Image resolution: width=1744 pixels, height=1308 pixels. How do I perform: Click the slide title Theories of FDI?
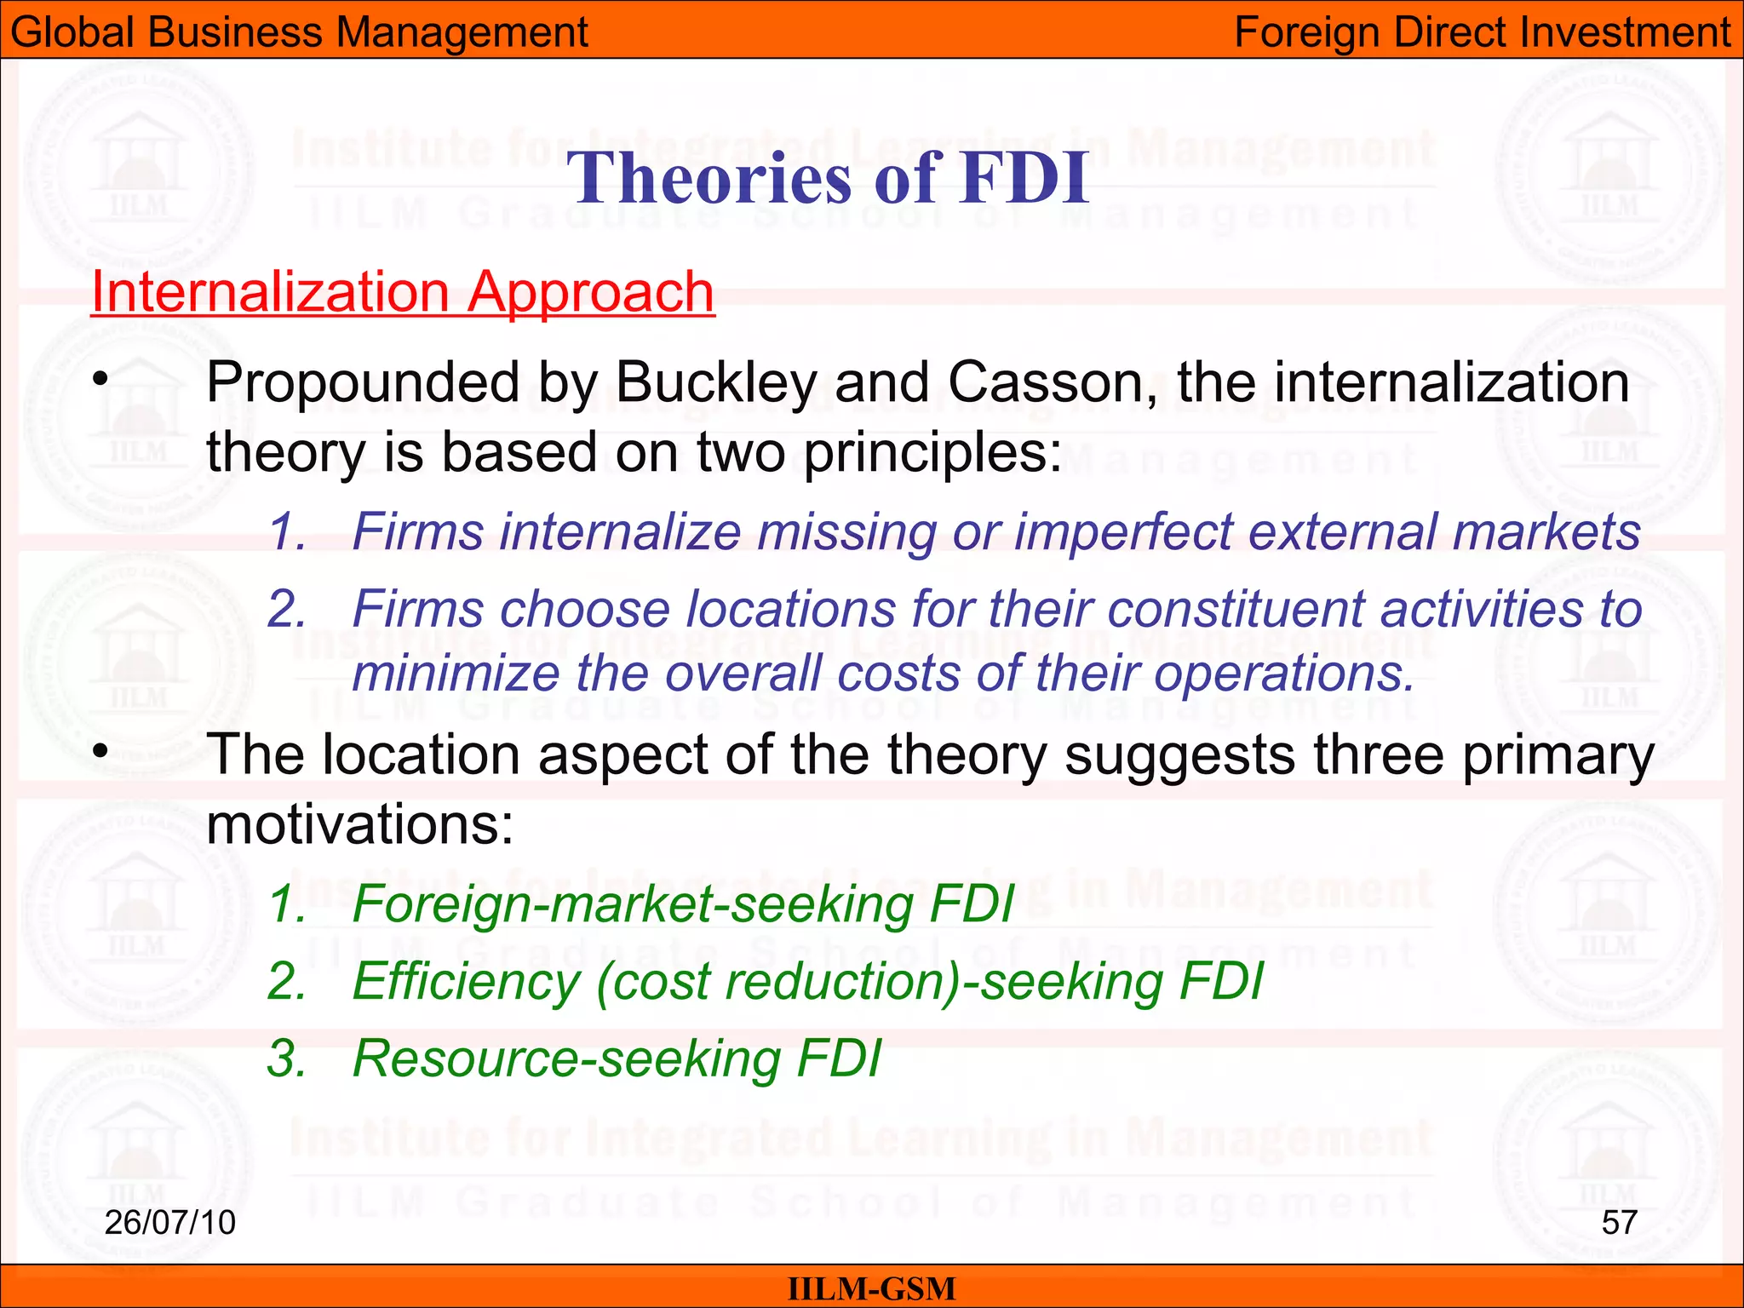828,178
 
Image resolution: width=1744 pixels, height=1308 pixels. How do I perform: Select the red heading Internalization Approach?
402,292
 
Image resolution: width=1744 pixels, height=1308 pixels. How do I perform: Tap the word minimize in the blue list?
455,674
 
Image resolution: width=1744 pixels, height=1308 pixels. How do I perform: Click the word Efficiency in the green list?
465,982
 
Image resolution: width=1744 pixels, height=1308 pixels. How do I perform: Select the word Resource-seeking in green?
566,1058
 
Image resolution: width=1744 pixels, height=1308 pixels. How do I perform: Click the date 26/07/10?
169,1222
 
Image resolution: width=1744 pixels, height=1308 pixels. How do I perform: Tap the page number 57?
1619,1222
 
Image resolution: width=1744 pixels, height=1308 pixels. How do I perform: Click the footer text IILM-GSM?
871,1289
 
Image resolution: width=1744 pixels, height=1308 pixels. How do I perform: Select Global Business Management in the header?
299,32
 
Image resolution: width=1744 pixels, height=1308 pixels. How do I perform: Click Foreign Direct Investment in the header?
1482,32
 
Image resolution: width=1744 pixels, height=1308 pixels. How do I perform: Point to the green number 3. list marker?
286,1058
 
